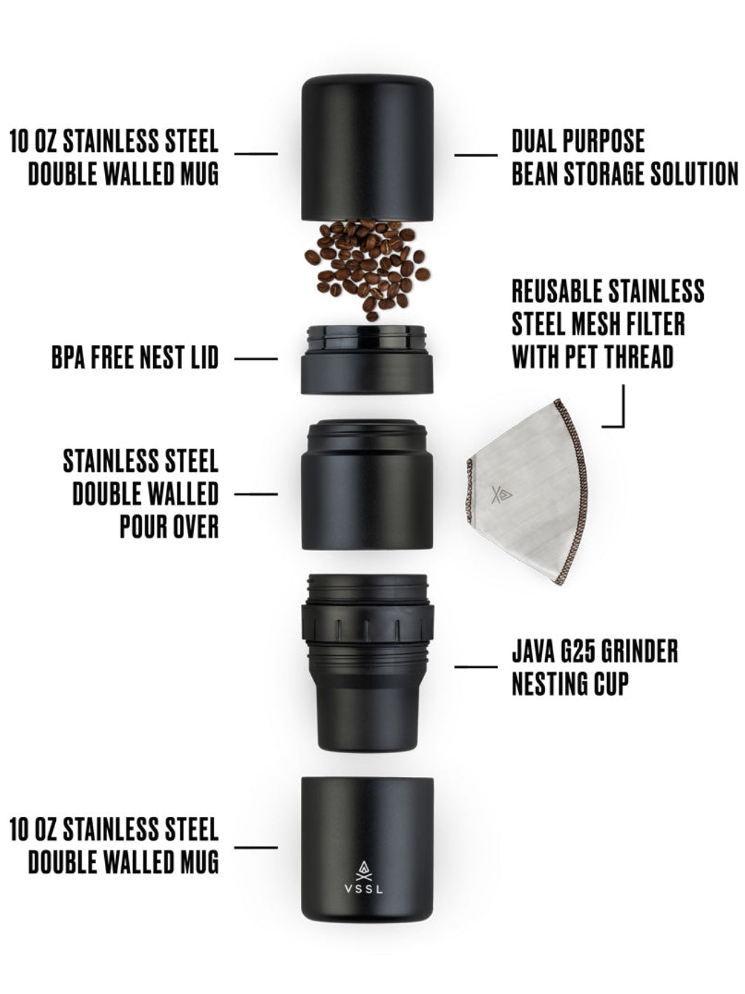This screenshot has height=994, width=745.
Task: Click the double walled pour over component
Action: click(367, 484)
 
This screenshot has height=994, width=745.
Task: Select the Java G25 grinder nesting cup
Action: click(367, 661)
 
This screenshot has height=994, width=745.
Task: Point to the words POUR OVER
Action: click(169, 527)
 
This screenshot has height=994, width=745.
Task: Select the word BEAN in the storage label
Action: click(535, 174)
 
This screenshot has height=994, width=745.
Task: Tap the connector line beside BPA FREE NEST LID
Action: click(255, 359)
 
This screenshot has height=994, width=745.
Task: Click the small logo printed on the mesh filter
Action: click(502, 494)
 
